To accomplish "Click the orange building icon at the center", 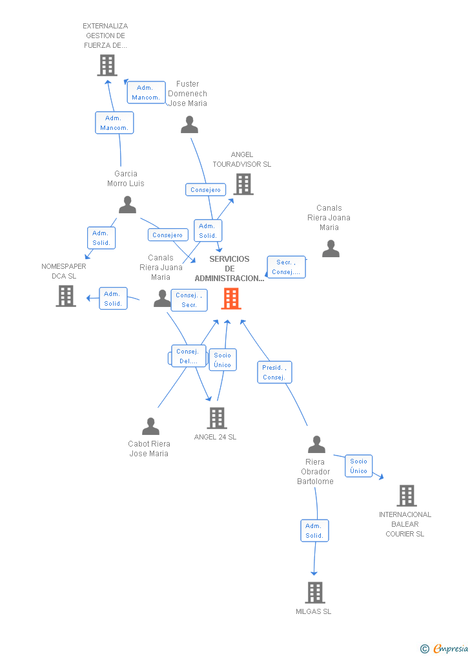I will (231, 299).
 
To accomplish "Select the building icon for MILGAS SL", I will (314, 592).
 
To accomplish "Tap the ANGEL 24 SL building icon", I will (217, 418).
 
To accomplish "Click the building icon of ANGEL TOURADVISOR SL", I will (243, 184).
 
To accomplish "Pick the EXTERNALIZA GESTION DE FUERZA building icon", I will (107, 65).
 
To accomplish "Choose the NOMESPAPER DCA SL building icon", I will (66, 295).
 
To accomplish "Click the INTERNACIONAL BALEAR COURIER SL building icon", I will (406, 496).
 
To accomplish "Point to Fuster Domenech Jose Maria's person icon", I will (189, 124).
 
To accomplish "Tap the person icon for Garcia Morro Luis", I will (128, 205).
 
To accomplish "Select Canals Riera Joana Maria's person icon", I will (331, 248).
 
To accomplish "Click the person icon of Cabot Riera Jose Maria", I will (150, 427).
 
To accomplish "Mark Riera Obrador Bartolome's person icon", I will (316, 445).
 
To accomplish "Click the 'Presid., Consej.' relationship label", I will (274, 372).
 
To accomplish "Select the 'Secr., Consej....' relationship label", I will (286, 267).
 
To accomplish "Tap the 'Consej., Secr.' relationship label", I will (189, 300).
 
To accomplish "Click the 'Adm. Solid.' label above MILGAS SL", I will (314, 531).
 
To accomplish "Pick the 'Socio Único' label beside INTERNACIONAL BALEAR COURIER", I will (358, 466).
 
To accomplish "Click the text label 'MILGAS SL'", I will (314, 611).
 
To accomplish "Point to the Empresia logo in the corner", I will (445, 648).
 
